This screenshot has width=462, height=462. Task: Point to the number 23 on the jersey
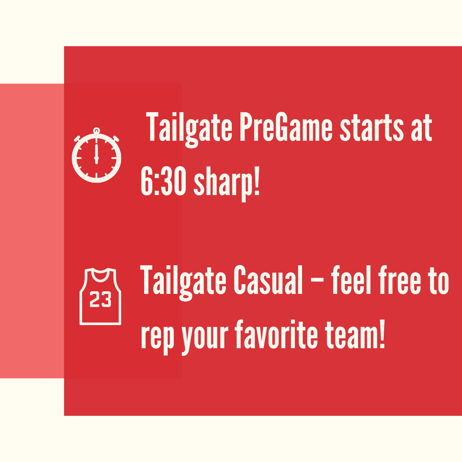pos(100,299)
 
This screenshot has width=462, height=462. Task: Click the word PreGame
pos(286,127)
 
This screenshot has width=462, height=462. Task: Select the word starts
pos(372,127)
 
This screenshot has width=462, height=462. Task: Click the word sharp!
pos(227,183)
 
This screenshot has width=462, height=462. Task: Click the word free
pos(400,280)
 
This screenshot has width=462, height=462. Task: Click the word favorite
pos(277,334)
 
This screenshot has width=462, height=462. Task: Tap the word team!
pos(355,334)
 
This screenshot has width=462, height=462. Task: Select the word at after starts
pos(422,128)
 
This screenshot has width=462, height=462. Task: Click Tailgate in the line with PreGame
pos(189,130)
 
